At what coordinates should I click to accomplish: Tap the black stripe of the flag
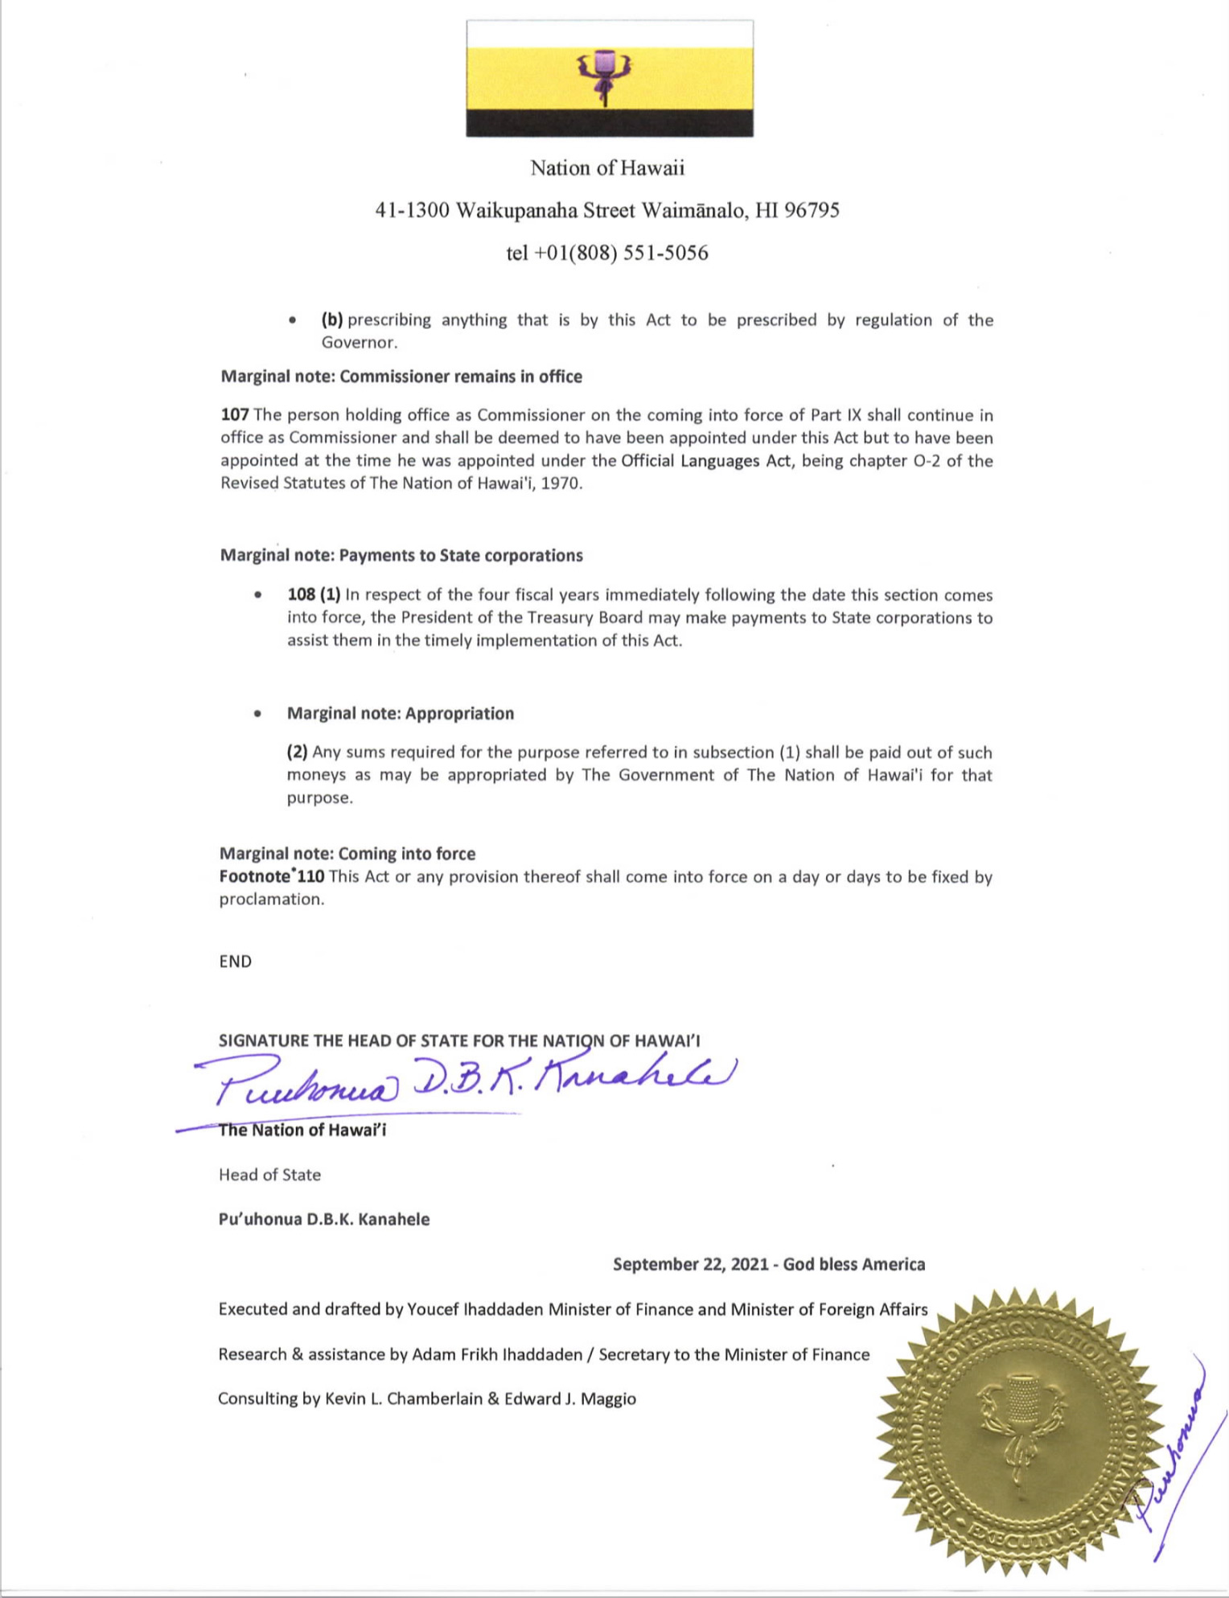click(610, 122)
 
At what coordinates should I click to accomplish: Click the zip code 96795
click(812, 211)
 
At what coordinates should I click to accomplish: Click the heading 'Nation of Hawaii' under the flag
click(607, 168)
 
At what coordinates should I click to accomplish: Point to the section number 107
click(235, 415)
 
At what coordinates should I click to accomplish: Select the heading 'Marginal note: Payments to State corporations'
click(401, 556)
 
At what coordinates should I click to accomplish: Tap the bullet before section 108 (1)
click(257, 595)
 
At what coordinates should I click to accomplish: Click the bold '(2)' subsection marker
click(298, 752)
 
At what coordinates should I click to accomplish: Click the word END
click(235, 962)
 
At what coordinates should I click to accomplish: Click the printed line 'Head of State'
click(269, 1175)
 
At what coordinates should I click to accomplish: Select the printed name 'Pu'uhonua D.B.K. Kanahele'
click(324, 1220)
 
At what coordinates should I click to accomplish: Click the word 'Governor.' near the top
click(360, 343)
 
